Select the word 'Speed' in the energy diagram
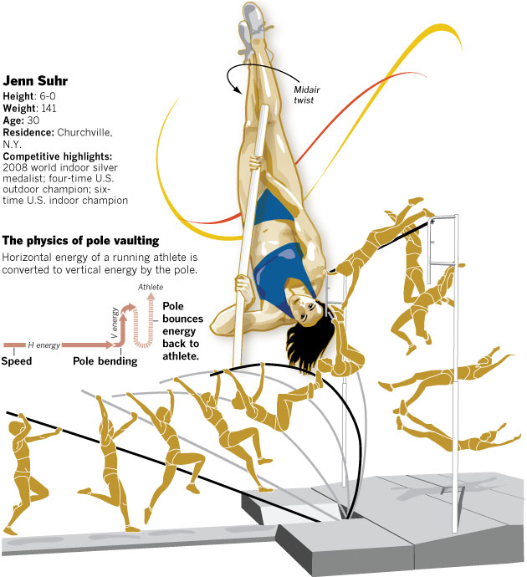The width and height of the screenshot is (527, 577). coord(17,361)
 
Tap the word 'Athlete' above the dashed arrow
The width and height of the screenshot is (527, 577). coord(151,287)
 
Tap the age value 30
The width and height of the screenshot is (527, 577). coord(33,120)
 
